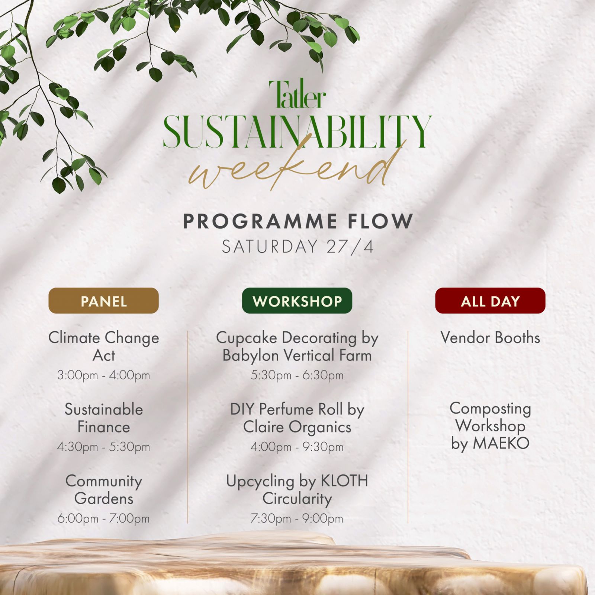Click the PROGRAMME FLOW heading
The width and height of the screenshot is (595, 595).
coord(298,221)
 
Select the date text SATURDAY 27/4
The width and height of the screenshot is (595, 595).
coord(297,247)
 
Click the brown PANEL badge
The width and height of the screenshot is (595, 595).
coord(104,300)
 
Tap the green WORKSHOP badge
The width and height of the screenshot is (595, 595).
coord(297,300)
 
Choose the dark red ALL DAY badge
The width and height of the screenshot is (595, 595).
coord(490,300)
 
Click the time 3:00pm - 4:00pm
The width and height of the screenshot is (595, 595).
coord(104,375)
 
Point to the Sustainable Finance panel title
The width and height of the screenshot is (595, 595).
coord(104,418)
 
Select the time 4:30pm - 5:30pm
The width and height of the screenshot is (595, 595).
coord(104,447)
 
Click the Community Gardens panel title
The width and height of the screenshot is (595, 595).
coord(104,489)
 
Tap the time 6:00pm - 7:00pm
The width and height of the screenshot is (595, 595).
coord(104,518)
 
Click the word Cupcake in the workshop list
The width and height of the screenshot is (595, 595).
coord(247,338)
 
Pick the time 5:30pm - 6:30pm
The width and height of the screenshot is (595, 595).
coord(297,375)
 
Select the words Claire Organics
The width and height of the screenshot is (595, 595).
coord(297,427)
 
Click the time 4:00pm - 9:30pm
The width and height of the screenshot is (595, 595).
coord(297,447)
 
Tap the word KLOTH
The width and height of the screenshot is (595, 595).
coord(344,481)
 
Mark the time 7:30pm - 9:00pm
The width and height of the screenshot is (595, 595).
coord(297,518)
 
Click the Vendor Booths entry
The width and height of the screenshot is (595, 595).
coord(490,338)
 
